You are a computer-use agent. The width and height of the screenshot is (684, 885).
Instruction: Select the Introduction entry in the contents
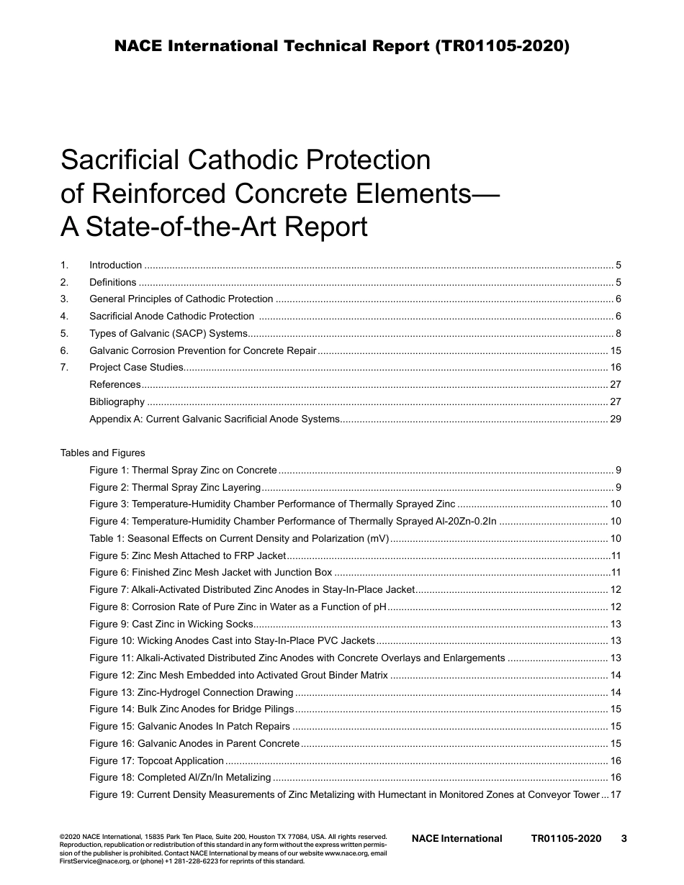pyautogui.click(x=115, y=265)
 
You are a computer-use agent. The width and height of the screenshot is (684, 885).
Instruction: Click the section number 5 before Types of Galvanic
pyautogui.click(x=64, y=333)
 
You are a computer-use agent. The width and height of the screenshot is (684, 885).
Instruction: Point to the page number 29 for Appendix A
pyautogui.click(x=615, y=419)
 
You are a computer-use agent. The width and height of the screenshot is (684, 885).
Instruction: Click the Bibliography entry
pyautogui.click(x=117, y=401)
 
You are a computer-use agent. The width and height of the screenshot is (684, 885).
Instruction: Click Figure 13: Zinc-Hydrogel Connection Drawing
pyautogui.click(x=191, y=692)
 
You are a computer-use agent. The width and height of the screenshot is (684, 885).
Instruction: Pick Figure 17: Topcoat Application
pyautogui.click(x=156, y=761)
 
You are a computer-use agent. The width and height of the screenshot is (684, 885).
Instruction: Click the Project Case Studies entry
pyautogui.click(x=136, y=368)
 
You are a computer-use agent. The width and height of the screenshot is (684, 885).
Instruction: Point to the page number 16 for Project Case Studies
pyautogui.click(x=615, y=368)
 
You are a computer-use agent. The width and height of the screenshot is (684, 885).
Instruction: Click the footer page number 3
pyautogui.click(x=624, y=838)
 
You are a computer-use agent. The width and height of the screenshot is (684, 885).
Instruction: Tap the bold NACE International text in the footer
pyautogui.click(x=456, y=838)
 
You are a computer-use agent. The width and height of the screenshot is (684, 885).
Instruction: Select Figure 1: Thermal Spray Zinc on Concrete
pyautogui.click(x=183, y=471)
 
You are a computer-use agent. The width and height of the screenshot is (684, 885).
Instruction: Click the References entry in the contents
pyautogui.click(x=114, y=385)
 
